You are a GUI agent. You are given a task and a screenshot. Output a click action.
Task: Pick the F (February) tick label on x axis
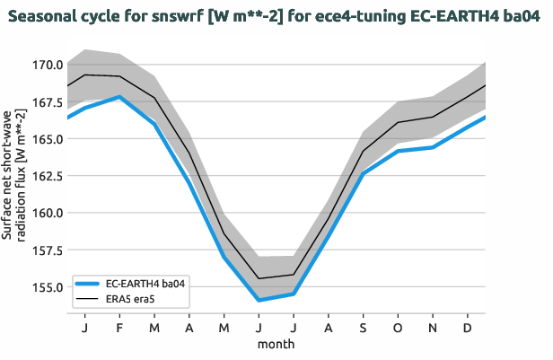click(x=118, y=329)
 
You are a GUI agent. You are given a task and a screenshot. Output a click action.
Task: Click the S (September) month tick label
click(x=364, y=329)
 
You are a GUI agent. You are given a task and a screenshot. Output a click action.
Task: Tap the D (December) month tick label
click(x=469, y=329)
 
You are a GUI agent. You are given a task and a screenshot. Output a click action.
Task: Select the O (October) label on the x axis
click(x=399, y=329)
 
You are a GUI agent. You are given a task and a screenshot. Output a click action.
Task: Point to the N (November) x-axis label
click(x=434, y=329)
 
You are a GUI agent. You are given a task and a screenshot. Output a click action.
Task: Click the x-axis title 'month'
click(x=276, y=344)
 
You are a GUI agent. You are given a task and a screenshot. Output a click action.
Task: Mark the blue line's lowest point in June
click(x=259, y=300)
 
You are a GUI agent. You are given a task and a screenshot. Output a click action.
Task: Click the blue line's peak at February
click(x=118, y=97)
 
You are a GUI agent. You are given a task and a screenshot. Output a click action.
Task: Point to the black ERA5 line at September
click(x=364, y=151)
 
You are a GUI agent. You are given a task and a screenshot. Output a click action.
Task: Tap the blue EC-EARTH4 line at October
click(x=399, y=151)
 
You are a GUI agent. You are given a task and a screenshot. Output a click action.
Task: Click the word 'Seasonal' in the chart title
click(x=49, y=18)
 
